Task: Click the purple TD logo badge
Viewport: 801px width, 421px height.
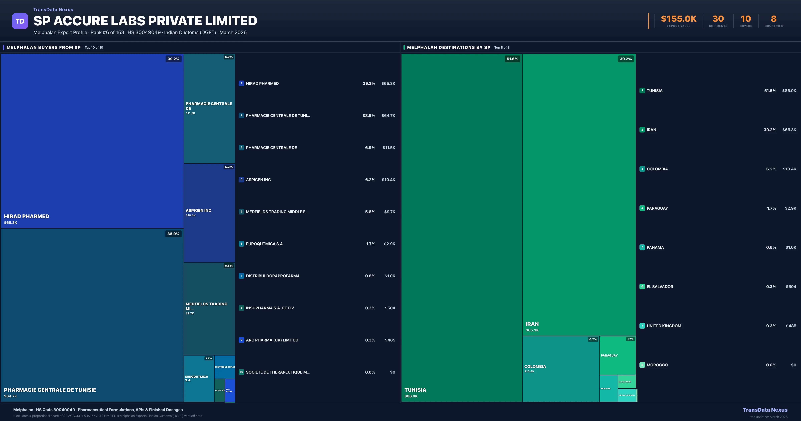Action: pos(20,21)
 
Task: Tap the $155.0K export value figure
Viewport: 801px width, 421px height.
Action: pos(679,19)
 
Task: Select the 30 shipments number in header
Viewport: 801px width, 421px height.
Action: pos(718,19)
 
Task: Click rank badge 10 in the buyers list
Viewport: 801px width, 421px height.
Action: pos(241,372)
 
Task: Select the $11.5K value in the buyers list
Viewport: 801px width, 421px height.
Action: pos(389,148)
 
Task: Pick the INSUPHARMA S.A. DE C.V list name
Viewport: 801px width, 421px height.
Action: pos(270,308)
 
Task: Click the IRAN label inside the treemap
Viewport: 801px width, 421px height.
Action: pos(532,324)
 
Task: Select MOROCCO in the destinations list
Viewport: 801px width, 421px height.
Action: pos(657,365)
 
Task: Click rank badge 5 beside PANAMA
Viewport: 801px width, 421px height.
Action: pos(642,247)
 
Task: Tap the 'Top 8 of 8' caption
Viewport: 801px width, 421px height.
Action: pos(502,48)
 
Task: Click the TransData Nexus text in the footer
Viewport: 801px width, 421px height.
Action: pos(765,410)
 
